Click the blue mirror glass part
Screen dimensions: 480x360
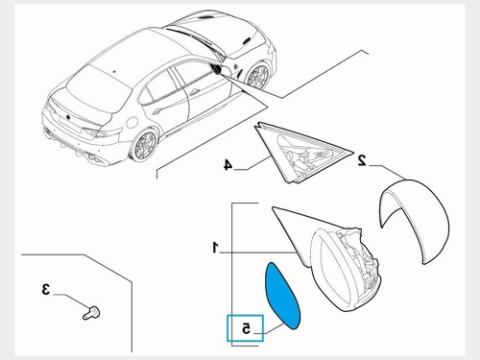281,296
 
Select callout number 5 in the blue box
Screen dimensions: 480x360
246,328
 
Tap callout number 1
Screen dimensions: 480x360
215,248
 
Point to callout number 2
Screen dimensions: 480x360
362,159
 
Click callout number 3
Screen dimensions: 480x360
46,289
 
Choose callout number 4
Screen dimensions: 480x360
228,165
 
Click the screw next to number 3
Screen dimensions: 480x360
91,313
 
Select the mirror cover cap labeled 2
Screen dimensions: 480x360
416,221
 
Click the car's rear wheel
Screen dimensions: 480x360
144,146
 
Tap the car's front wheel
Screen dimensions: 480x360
256,76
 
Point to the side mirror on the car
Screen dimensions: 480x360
216,69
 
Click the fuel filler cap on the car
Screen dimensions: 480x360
132,122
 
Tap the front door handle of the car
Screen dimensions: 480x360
193,93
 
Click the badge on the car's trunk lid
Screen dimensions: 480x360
68,117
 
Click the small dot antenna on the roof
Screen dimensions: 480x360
114,70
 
